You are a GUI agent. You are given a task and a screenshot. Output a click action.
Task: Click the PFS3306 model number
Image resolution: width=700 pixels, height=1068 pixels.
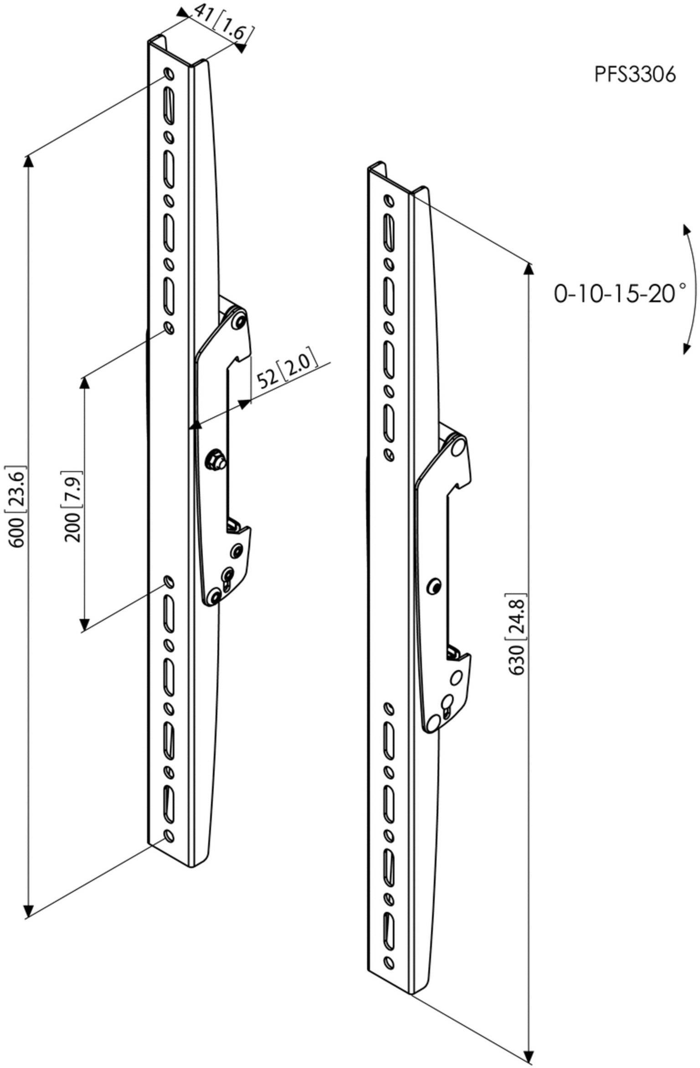click(635, 74)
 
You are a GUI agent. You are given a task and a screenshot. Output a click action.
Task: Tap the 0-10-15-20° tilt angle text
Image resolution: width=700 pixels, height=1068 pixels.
click(620, 293)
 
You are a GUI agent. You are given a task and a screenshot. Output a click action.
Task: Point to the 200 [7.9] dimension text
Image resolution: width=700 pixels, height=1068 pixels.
click(73, 506)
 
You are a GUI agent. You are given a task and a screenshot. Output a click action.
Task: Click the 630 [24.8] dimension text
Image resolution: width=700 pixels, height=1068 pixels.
click(516, 635)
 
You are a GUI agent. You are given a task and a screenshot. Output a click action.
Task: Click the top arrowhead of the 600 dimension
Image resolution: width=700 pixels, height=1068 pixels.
click(29, 161)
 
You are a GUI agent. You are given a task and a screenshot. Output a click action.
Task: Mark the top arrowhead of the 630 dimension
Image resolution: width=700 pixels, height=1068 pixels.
click(529, 269)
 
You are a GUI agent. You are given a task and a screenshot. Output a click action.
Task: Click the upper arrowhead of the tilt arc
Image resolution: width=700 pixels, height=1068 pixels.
click(685, 230)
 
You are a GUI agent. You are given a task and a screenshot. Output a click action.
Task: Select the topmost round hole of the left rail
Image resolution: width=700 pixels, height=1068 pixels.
click(168, 73)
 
